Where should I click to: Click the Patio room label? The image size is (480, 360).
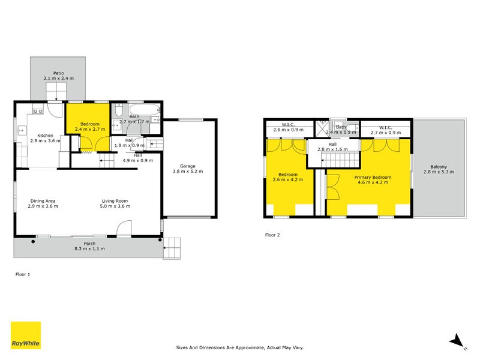[x=58, y=73]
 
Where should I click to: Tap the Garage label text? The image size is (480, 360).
[x=188, y=166]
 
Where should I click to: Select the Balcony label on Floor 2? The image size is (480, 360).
[x=439, y=167]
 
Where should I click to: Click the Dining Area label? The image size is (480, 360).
[x=44, y=201]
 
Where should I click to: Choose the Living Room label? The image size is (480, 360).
[x=114, y=201]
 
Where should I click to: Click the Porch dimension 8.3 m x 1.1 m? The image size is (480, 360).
[x=89, y=248]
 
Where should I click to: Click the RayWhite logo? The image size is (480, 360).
[x=26, y=335]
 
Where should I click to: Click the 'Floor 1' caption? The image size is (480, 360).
[x=22, y=274]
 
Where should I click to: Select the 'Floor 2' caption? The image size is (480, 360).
[x=272, y=235]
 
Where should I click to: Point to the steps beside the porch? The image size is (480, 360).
[x=172, y=247]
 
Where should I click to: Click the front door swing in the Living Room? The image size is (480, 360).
[x=124, y=228]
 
